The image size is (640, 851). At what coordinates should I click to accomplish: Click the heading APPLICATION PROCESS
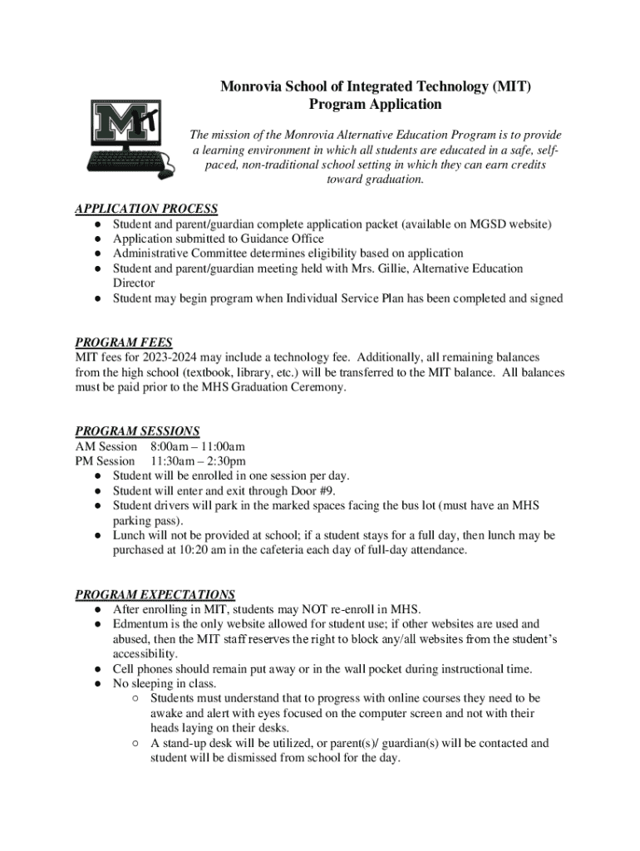pyautogui.click(x=146, y=209)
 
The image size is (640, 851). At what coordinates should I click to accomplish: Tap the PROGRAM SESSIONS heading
pyautogui.click(x=137, y=431)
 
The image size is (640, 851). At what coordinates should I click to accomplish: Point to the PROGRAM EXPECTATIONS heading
pyautogui.click(x=155, y=594)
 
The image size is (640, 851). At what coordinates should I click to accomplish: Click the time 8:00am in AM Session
pyautogui.click(x=171, y=446)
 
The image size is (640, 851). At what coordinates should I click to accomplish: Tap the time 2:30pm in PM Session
pyautogui.click(x=226, y=461)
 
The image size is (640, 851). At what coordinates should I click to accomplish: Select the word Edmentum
pyautogui.click(x=141, y=624)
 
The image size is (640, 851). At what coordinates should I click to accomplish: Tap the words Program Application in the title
pyautogui.click(x=375, y=105)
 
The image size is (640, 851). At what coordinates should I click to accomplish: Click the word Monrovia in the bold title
pyautogui.click(x=250, y=86)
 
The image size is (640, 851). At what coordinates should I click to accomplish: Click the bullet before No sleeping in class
pyautogui.click(x=98, y=684)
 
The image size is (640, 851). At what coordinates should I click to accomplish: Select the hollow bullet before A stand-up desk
pyautogui.click(x=135, y=744)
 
